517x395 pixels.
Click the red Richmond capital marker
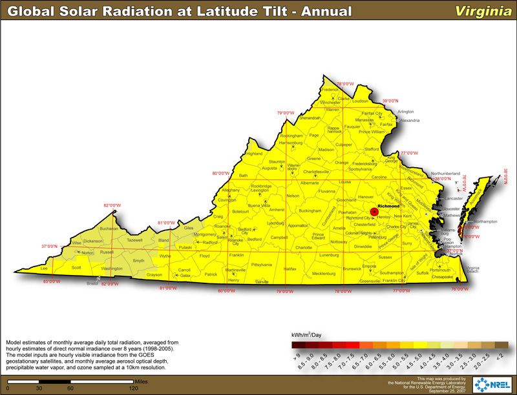point(374,212)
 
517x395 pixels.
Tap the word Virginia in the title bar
point(480,11)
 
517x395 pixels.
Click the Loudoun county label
point(359,101)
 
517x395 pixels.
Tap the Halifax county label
point(290,268)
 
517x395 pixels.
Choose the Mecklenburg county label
point(324,274)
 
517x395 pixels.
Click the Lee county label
point(44,267)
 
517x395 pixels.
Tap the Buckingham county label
point(310,210)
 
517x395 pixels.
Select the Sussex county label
point(385,257)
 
